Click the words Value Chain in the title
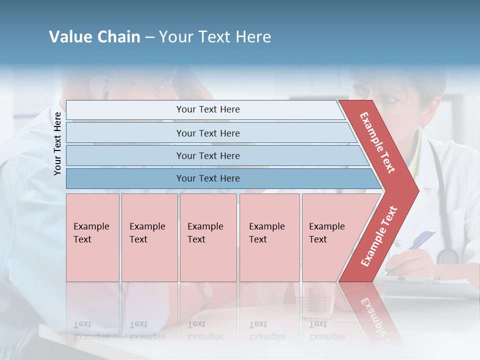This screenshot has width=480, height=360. pos(94,37)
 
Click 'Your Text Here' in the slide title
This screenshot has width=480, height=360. pos(215,37)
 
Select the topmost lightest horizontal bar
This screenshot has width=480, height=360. pos(207,109)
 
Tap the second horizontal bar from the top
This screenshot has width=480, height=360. pos(207,133)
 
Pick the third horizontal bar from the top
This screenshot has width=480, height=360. pos(207,155)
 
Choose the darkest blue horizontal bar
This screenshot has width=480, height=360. pos(207,178)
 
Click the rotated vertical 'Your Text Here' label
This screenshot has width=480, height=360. pos(57,143)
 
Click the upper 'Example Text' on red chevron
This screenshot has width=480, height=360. pos(378,142)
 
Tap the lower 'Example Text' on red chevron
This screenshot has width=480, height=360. pos(379,236)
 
